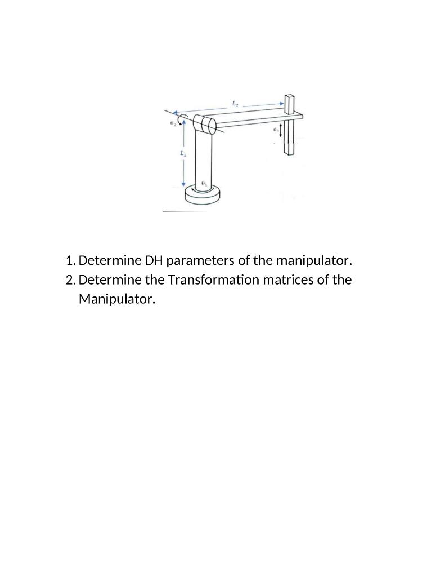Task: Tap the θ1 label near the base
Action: (204, 184)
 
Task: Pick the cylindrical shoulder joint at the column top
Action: (203, 124)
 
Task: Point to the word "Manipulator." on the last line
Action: (116, 299)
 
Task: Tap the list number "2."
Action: (71, 280)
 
